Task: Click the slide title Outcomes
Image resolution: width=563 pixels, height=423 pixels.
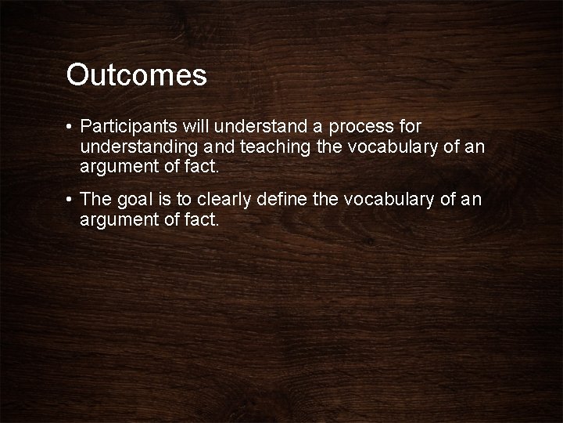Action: [137, 75]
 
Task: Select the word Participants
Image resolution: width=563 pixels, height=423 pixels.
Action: [128, 126]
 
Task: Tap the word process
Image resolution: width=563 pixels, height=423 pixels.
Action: [366, 126]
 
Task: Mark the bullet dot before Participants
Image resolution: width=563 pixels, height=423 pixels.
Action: [70, 126]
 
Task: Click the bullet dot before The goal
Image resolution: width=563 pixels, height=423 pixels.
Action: [70, 201]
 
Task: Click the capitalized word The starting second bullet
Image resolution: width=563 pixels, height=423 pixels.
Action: [95, 201]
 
